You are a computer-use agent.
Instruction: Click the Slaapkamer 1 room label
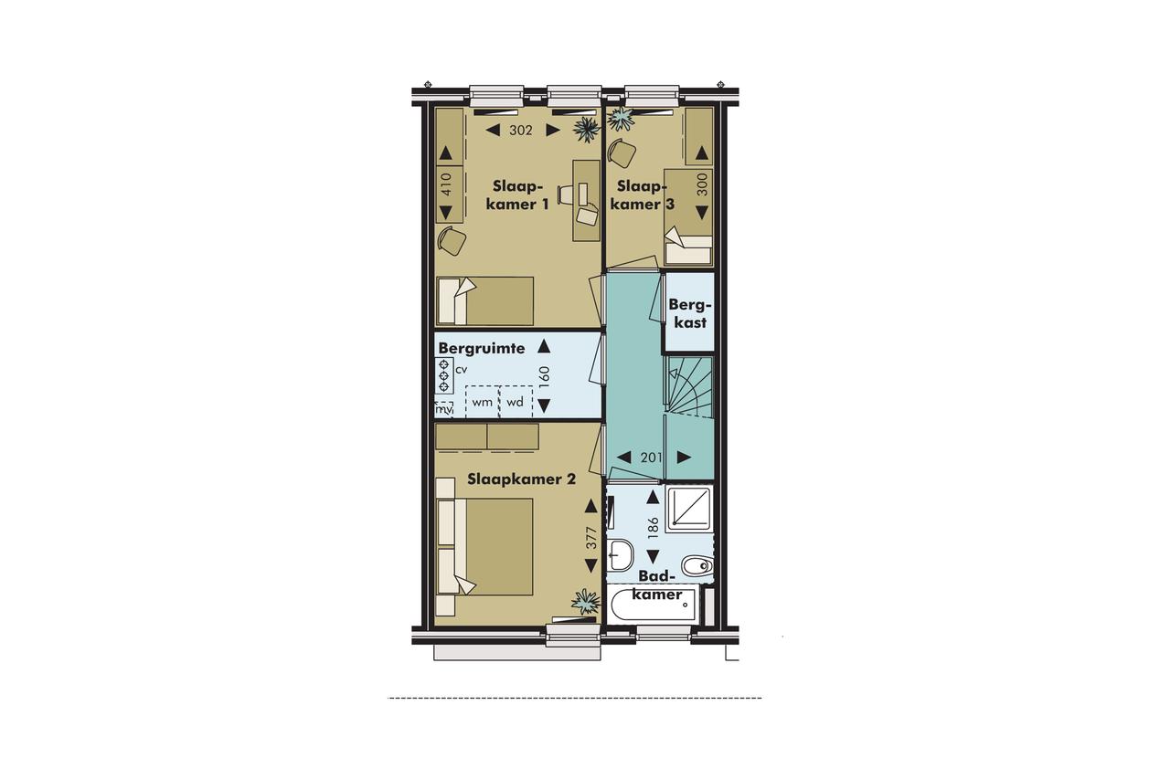[x=517, y=195]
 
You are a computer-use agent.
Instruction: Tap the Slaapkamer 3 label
[x=643, y=195]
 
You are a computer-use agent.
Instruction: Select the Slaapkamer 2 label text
[x=521, y=479]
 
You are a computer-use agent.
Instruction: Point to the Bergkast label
[x=690, y=313]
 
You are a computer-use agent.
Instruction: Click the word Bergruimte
[x=481, y=349]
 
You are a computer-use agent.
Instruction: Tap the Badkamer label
[x=656, y=584]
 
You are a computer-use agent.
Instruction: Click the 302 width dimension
[x=521, y=131]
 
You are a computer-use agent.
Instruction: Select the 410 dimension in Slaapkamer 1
[x=445, y=184]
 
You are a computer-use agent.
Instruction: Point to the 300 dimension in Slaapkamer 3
[x=702, y=184]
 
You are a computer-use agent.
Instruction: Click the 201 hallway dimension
[x=652, y=458]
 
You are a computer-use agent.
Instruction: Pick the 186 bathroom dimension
[x=653, y=528]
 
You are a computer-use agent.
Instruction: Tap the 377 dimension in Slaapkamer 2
[x=590, y=537]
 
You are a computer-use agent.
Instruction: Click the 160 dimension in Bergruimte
[x=544, y=375]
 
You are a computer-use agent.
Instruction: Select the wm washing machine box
[x=482, y=401]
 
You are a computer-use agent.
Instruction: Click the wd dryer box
[x=516, y=401]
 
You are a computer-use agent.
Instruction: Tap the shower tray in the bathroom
[x=689, y=509]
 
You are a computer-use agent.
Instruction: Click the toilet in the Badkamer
[x=697, y=565]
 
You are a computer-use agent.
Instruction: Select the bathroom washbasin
[x=621, y=555]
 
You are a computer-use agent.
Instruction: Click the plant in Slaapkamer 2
[x=586, y=602]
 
